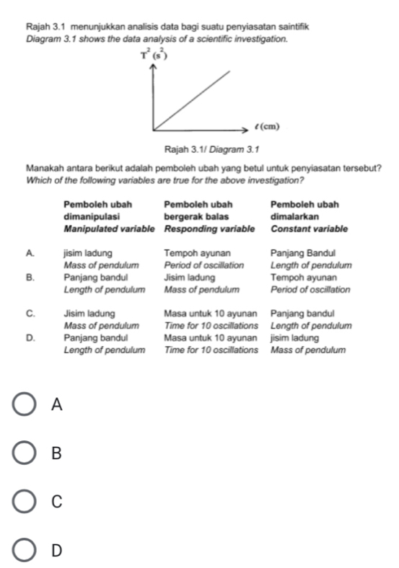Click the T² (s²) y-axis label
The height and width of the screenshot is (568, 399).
click(154, 52)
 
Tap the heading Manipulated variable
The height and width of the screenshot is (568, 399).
click(109, 229)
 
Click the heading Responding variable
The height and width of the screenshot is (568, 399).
click(209, 229)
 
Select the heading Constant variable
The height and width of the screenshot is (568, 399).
click(309, 229)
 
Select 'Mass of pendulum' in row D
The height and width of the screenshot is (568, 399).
click(308, 350)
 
